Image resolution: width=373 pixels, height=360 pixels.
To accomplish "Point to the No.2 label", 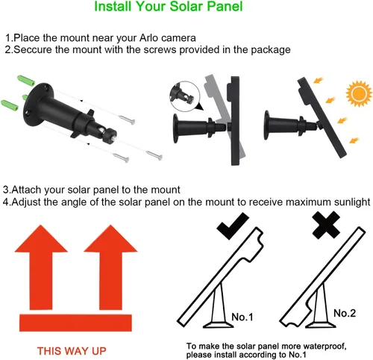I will point(345,312).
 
